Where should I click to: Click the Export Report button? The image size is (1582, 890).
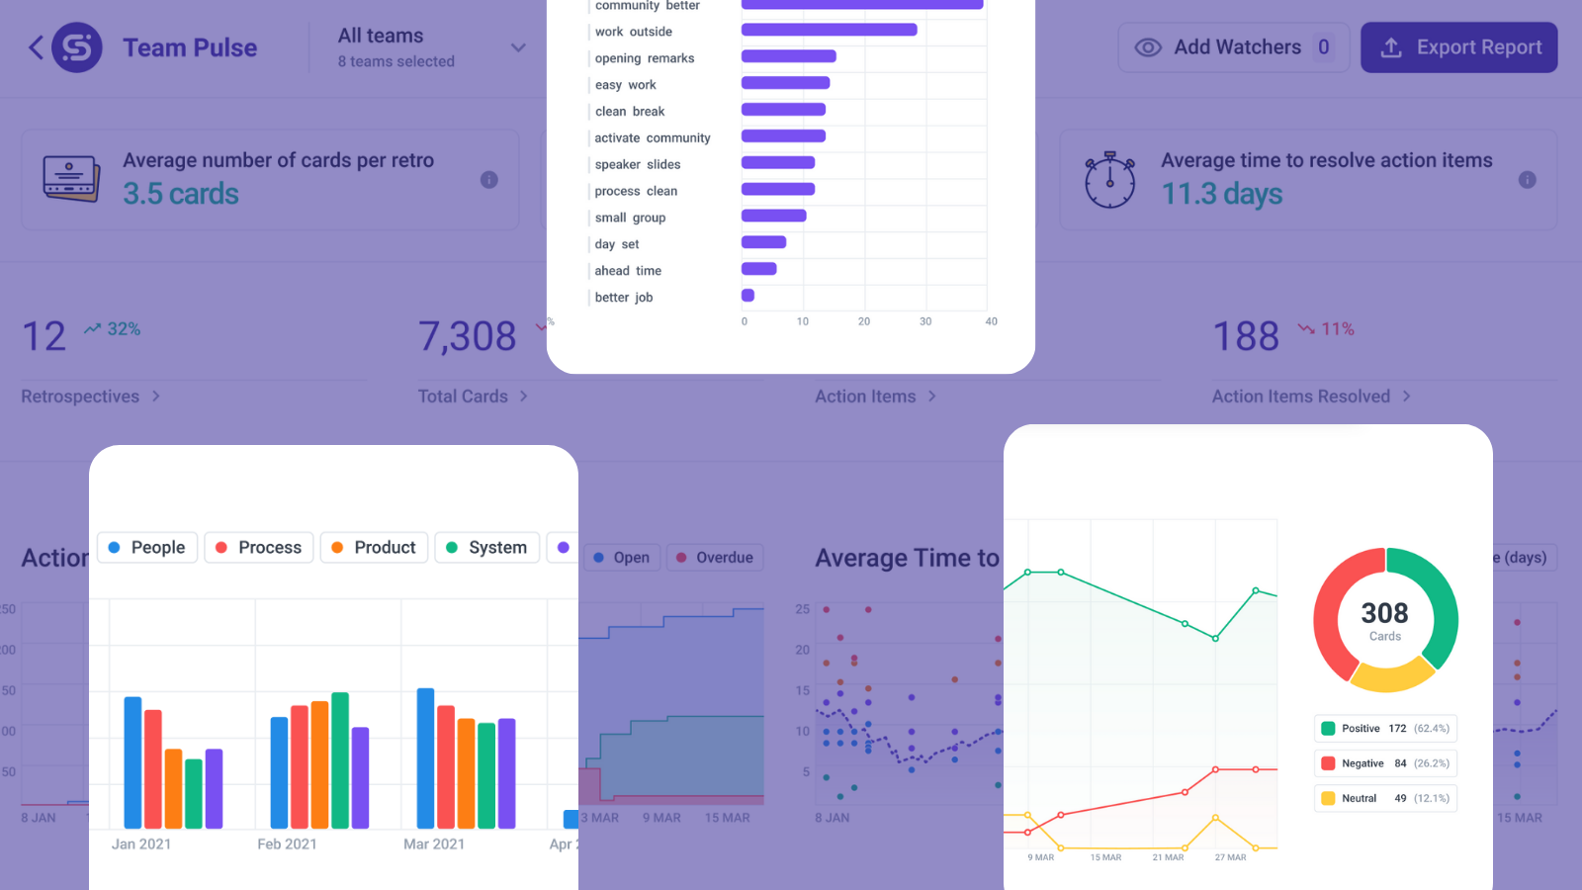[x=1458, y=47]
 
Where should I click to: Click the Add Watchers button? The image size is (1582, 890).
[x=1233, y=47]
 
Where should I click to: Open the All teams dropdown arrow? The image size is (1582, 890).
[x=518, y=47]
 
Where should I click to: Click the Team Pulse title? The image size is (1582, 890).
[x=190, y=47]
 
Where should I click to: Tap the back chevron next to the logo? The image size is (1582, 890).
[x=36, y=47]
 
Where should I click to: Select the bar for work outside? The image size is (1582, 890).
[x=829, y=30]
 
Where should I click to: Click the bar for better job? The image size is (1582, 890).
[x=748, y=296]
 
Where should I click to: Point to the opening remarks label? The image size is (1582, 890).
[x=645, y=58]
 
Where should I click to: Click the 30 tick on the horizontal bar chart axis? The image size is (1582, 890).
[x=925, y=321]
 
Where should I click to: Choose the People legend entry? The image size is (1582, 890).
[x=147, y=548]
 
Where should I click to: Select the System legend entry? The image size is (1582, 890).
[x=486, y=548]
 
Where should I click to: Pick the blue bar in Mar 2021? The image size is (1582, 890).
[x=426, y=757]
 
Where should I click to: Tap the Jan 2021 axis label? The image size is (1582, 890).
[x=141, y=845]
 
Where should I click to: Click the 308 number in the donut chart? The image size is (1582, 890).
[x=1384, y=613]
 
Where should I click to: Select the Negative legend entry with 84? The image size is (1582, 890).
[x=1384, y=763]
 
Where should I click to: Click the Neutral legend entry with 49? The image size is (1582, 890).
[x=1384, y=798]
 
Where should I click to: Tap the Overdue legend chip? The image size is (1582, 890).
[x=714, y=558]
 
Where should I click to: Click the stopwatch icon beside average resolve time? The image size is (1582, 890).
[x=1109, y=180]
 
